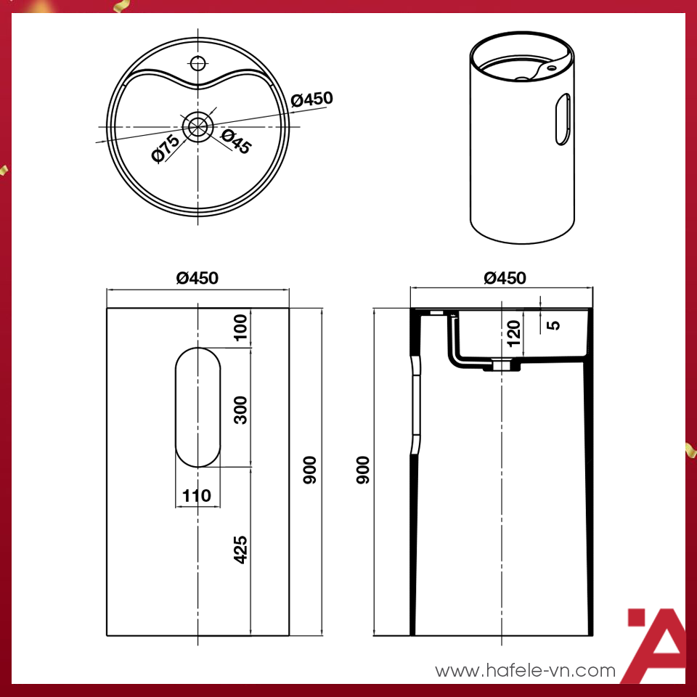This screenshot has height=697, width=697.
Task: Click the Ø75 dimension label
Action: pos(166,148)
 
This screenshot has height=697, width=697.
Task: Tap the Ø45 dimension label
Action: pos(236,142)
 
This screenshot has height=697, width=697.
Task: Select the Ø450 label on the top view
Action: pos(311,99)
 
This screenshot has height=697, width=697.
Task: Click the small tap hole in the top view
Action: pos(197,61)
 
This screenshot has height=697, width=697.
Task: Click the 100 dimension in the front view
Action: pos(241,327)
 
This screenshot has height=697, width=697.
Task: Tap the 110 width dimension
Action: pos(197,496)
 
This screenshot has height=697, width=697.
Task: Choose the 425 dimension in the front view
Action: pos(241,550)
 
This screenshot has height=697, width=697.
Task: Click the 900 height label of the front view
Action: pos(310,470)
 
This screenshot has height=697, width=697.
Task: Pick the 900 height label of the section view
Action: pos(362,470)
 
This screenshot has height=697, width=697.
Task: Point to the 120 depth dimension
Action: pos(513,333)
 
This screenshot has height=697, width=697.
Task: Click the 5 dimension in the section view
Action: pos(554,324)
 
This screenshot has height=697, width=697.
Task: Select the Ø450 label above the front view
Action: pos(197,278)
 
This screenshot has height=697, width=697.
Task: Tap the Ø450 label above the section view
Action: pos(505,278)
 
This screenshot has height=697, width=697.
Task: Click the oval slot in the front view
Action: pos(197,407)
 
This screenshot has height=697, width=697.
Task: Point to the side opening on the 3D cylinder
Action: pos(563,118)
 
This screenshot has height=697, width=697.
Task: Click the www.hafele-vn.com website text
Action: pos(525,671)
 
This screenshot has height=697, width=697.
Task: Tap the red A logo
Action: pos(656,645)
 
